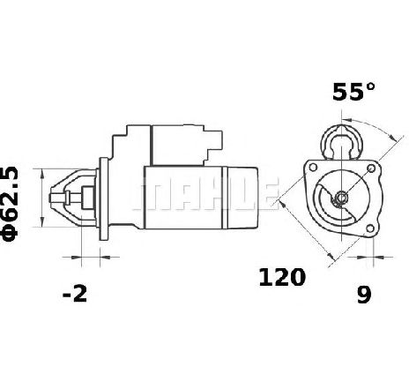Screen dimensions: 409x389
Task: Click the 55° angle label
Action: pos(353,92)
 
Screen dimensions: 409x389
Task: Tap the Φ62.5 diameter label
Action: pos(10,204)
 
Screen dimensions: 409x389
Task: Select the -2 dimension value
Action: pos(75,293)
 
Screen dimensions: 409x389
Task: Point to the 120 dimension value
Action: pos(282,277)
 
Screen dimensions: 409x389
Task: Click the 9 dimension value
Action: pos(364,294)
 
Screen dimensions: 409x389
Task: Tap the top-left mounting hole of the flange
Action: pos(313,168)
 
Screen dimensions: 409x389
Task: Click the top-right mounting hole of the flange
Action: pos(372,168)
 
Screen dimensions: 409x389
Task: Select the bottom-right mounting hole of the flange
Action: pos(370,228)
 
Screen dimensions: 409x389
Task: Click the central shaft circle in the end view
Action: pos(341,197)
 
